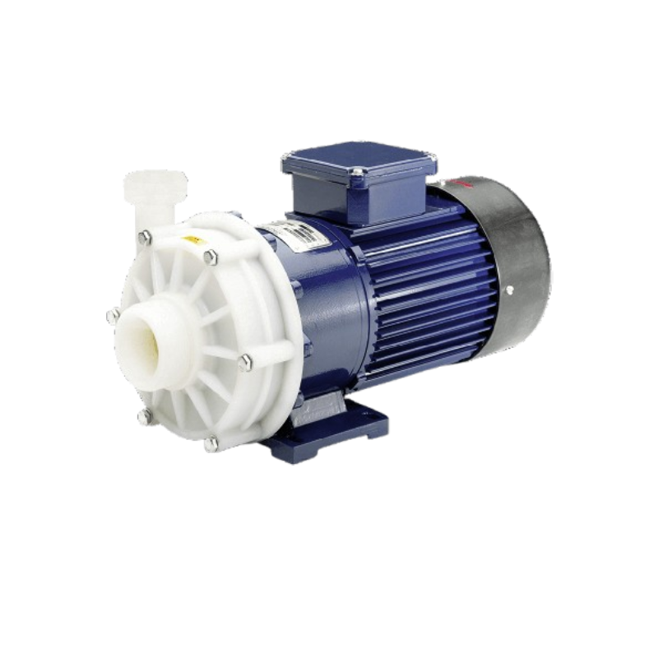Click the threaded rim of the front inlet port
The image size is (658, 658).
[x=137, y=316]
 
